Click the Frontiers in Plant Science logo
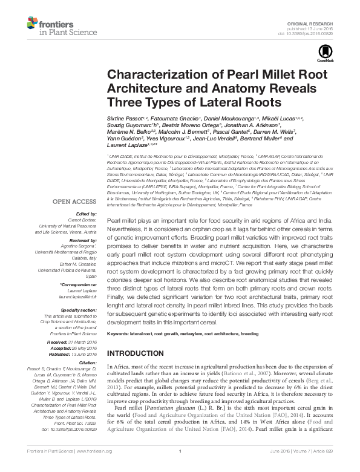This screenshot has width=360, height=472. pos(52,25)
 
